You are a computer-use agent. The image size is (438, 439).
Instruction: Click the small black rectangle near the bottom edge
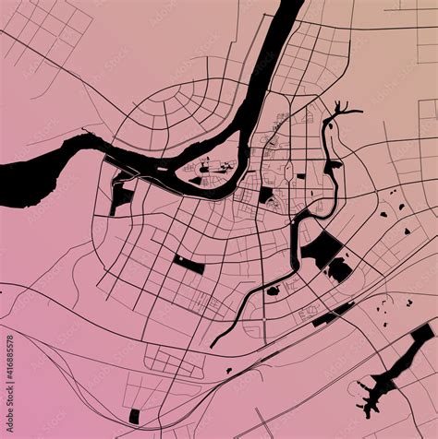134,417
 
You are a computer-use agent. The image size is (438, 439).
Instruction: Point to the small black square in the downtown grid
267,196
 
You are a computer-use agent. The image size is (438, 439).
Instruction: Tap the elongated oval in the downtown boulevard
288,172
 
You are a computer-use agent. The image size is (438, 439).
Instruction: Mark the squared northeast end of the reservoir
422,331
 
